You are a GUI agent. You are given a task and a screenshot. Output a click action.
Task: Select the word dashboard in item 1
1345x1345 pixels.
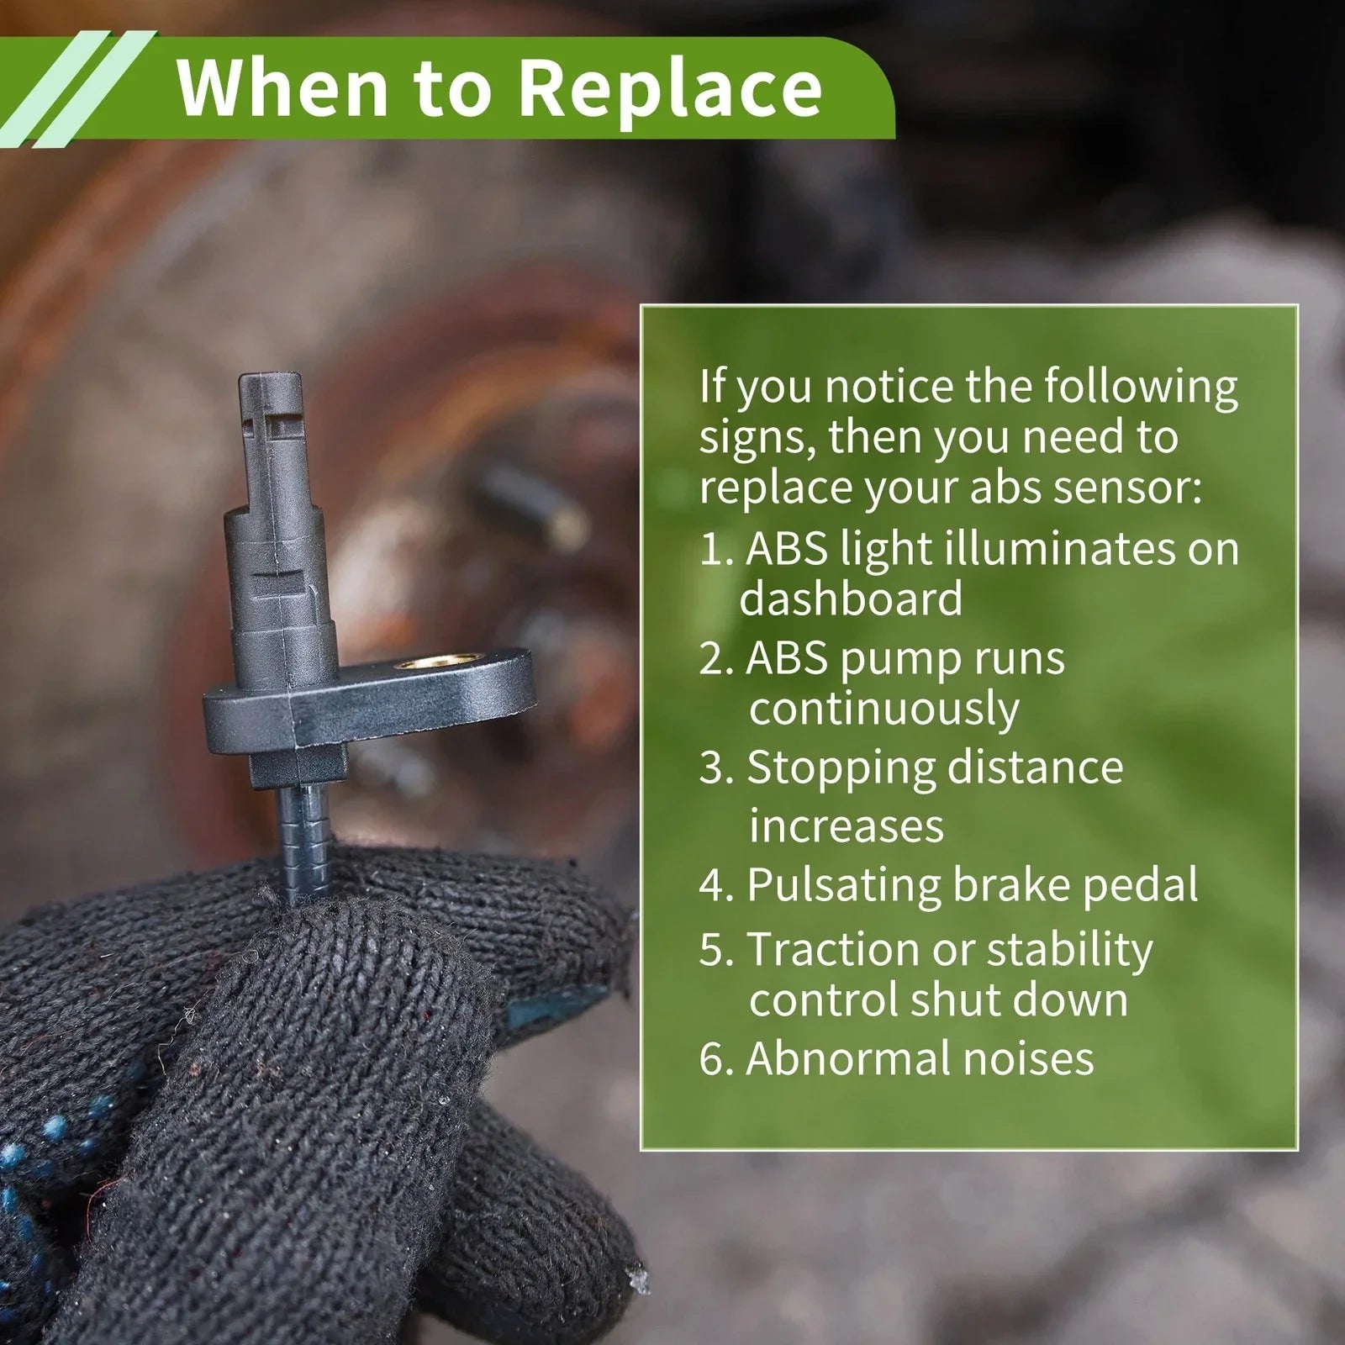point(851,599)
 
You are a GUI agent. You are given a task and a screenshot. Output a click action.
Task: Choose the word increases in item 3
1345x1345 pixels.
point(847,825)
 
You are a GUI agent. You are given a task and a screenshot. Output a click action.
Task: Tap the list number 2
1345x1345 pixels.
point(715,658)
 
